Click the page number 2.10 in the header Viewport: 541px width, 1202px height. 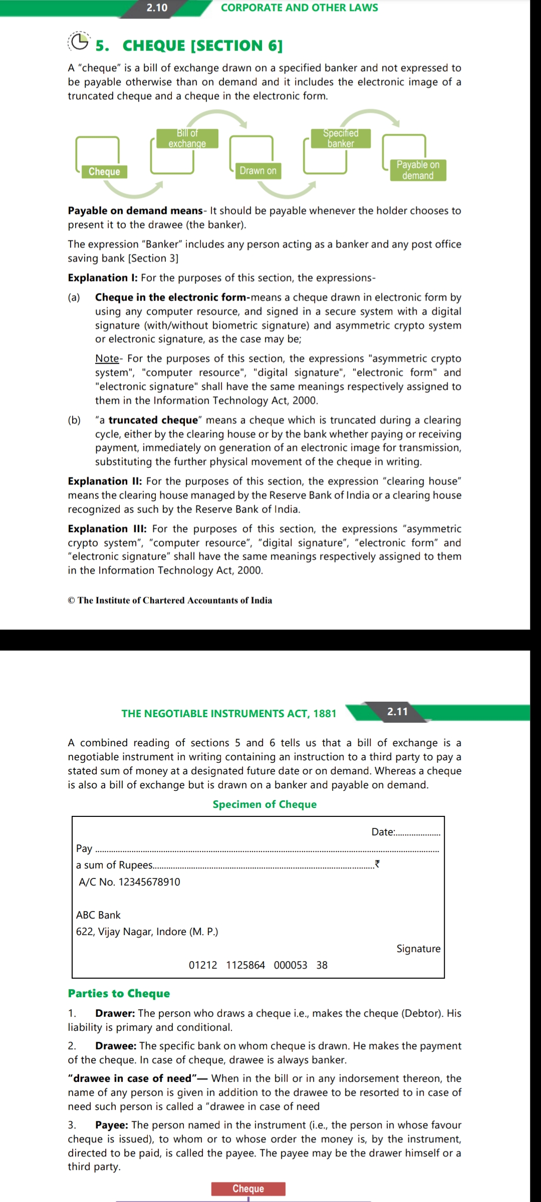click(x=157, y=8)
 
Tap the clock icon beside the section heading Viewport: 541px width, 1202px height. click(x=79, y=42)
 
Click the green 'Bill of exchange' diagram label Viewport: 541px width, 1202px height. click(x=187, y=138)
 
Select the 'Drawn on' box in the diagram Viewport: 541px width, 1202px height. click(x=258, y=170)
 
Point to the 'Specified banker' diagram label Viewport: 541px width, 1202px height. click(x=341, y=138)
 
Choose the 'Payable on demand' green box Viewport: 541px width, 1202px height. click(x=418, y=170)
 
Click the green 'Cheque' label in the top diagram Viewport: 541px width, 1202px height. click(x=104, y=171)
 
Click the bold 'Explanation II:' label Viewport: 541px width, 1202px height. click(x=105, y=481)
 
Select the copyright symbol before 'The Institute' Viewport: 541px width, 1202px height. click(x=72, y=600)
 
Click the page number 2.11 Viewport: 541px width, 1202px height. click(x=398, y=711)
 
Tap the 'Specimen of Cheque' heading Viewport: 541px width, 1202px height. click(x=264, y=804)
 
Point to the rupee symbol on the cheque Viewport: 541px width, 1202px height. click(x=377, y=864)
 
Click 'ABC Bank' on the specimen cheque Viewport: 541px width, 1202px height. click(x=98, y=915)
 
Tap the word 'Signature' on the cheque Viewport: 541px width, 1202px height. click(x=418, y=949)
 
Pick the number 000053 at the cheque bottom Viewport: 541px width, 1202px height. click(x=291, y=965)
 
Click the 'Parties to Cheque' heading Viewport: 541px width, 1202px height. click(x=119, y=993)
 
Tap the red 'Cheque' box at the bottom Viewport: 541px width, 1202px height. click(x=248, y=1188)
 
